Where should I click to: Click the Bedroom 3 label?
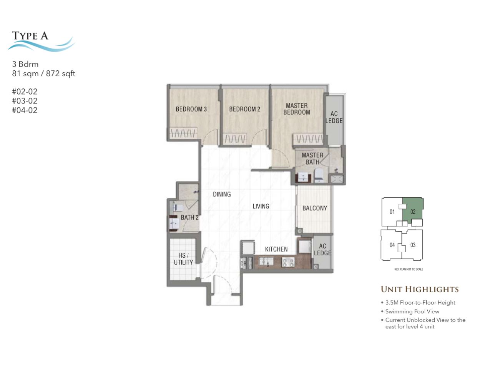tap(191, 109)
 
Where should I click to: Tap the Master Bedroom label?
tap(297, 109)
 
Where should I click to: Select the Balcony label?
tap(315, 208)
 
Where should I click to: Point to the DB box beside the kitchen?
tap(243, 263)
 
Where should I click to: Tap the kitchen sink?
tap(266, 262)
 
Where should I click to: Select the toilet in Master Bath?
tap(319, 175)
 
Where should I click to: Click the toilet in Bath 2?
tap(178, 208)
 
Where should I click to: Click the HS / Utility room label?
tap(183, 259)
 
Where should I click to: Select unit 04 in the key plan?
tap(392, 245)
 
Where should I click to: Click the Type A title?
tap(30, 36)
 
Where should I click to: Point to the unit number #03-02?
tap(25, 101)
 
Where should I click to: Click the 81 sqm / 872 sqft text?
tap(43, 73)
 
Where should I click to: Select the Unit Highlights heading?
tap(420, 289)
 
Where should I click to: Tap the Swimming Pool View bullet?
tap(412, 311)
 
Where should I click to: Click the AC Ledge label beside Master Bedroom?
tap(334, 117)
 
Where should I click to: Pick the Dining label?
tap(222, 194)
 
